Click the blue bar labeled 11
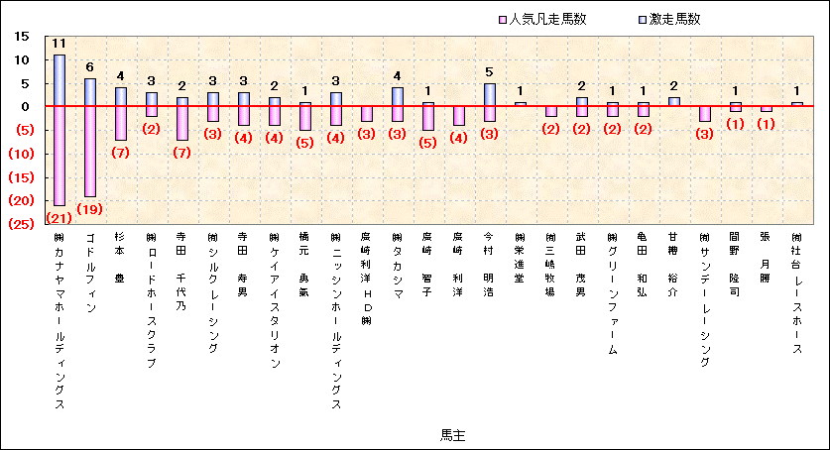pyautogui.click(x=59, y=80)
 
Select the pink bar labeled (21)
pyautogui.click(x=59, y=155)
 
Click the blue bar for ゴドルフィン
pyautogui.click(x=90, y=92)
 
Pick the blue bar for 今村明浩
pyautogui.click(x=489, y=94)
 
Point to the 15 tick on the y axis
pyautogui.click(x=23, y=37)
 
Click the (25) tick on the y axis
pyautogui.click(x=21, y=224)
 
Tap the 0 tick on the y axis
pyautogui.click(x=29, y=106)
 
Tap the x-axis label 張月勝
pyautogui.click(x=765, y=258)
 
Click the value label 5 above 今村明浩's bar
pyautogui.click(x=489, y=72)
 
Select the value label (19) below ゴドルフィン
pyautogui.click(x=90, y=209)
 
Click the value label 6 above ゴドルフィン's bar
pyautogui.click(x=90, y=67)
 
